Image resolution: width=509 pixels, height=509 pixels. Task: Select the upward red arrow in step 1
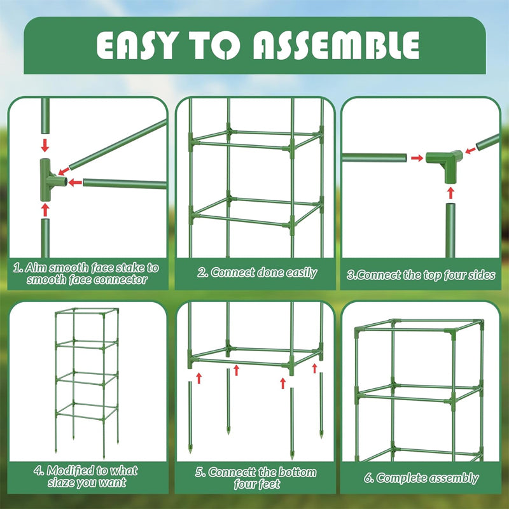click(x=45, y=208)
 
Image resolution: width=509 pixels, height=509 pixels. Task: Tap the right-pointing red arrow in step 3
click(x=415, y=157)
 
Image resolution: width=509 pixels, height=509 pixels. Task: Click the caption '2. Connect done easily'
click(x=256, y=272)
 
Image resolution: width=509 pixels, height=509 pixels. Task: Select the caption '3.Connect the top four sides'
click(x=421, y=276)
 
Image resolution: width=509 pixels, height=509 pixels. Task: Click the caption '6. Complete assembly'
click(x=426, y=477)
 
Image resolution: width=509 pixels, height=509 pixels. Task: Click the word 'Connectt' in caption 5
click(x=234, y=472)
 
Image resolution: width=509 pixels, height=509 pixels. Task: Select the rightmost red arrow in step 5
click(x=314, y=368)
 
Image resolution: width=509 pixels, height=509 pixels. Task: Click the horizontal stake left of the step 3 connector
click(x=372, y=157)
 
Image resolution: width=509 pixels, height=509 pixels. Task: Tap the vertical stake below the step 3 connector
click(x=451, y=229)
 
